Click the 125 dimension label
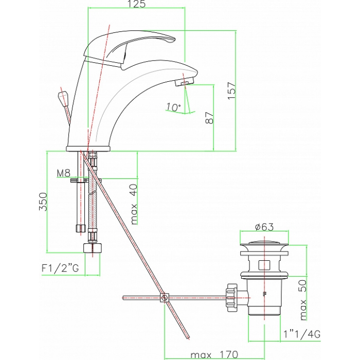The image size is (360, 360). [x=136, y=4]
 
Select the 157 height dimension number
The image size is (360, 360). [x=231, y=91]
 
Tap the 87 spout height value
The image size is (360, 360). [x=209, y=118]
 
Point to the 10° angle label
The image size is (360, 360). [x=173, y=107]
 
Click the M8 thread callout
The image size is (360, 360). [x=64, y=173]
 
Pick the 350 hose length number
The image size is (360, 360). [x=43, y=202]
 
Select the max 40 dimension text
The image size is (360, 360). [x=134, y=204]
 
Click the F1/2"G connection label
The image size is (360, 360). [x=60, y=268]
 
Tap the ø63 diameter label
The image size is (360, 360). [x=264, y=227]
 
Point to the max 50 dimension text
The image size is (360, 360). [x=303, y=300]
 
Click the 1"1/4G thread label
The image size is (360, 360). [x=302, y=334]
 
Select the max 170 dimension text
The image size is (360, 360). [x=214, y=354]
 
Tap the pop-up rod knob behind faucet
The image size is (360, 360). [x=63, y=97]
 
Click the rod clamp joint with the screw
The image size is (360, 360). [x=165, y=298]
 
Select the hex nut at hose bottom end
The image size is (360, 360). [x=92, y=248]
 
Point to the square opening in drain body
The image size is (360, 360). [x=264, y=265]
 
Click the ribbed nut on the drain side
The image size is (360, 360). [x=231, y=297]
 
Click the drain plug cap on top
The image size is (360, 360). [x=264, y=244]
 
